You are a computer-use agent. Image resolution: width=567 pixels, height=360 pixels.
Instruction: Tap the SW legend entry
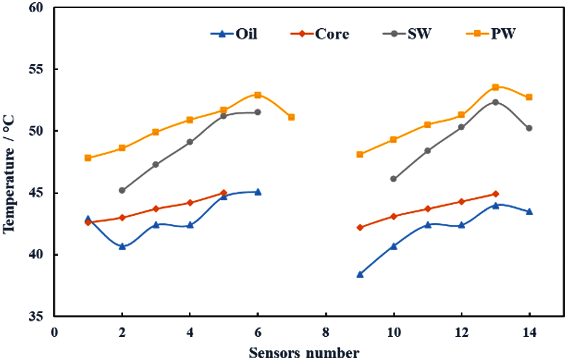[x=408, y=34]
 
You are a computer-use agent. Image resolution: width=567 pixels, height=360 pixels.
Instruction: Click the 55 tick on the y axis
[x=41, y=69]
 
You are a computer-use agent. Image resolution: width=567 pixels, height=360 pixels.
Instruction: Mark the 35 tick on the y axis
[x=41, y=316]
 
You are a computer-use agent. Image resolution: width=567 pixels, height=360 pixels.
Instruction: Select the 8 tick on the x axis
[x=326, y=333]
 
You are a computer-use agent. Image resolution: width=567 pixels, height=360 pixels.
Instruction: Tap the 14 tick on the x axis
[x=529, y=333]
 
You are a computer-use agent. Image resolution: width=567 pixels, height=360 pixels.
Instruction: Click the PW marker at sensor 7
[x=291, y=117]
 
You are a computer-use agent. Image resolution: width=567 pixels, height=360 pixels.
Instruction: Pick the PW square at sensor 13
[x=496, y=87]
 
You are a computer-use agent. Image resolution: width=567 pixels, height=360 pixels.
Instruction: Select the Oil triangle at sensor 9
[x=360, y=274]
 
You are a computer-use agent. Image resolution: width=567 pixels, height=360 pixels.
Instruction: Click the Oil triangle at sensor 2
[x=122, y=246]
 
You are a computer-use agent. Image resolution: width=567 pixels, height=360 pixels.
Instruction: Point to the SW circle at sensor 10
[x=394, y=179]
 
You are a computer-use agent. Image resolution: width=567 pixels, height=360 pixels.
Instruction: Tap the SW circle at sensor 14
[x=529, y=128]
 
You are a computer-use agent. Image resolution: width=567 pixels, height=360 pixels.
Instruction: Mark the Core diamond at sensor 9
[x=360, y=227]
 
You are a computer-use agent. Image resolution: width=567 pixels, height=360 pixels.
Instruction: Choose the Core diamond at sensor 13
[x=496, y=194]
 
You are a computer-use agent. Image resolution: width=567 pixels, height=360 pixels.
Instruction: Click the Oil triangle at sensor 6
[x=258, y=192]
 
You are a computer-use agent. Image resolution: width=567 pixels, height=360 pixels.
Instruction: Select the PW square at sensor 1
[x=88, y=158]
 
